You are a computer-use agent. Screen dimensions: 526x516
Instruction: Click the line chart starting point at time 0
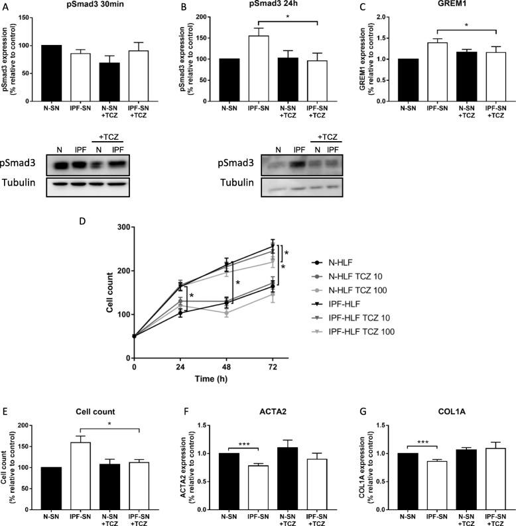point(135,336)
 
